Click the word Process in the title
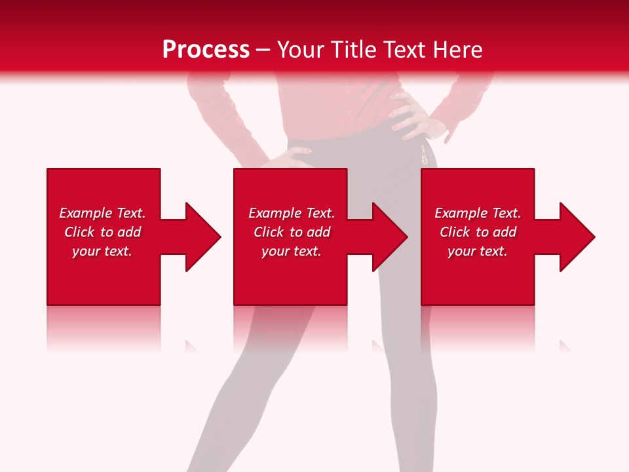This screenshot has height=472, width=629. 206,50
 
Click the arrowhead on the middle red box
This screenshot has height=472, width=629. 388,237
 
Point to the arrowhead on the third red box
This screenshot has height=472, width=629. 575,237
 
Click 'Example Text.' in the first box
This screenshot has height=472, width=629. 102,213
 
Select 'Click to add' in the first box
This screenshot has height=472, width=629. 102,232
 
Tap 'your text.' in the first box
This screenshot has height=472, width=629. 102,251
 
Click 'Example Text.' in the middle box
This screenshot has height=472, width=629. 292,213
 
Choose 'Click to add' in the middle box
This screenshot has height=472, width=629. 292,232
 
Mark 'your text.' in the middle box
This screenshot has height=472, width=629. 292,251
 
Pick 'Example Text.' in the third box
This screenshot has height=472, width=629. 478,213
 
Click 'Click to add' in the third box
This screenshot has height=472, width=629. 478,232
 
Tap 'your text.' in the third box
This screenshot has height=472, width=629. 478,251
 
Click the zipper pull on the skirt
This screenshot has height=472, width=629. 425,156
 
